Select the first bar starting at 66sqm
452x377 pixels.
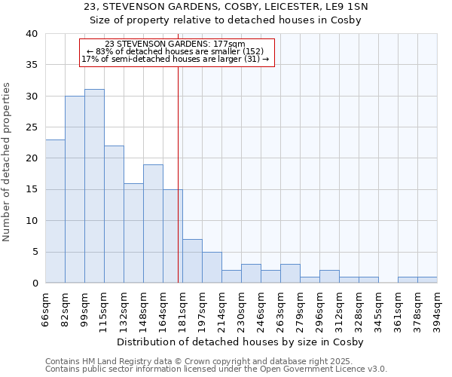55,211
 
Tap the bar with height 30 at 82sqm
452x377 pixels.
75,189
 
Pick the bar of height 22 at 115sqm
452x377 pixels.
114,214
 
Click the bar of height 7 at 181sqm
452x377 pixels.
192,261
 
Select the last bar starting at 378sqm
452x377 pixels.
427,280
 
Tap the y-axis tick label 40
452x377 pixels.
31,34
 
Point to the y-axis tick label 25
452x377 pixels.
31,127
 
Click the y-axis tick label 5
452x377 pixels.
35,252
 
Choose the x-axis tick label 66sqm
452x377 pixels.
46,309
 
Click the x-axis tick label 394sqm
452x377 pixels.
438,309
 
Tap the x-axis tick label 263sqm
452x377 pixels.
281,309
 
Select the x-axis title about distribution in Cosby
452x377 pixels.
241,342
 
